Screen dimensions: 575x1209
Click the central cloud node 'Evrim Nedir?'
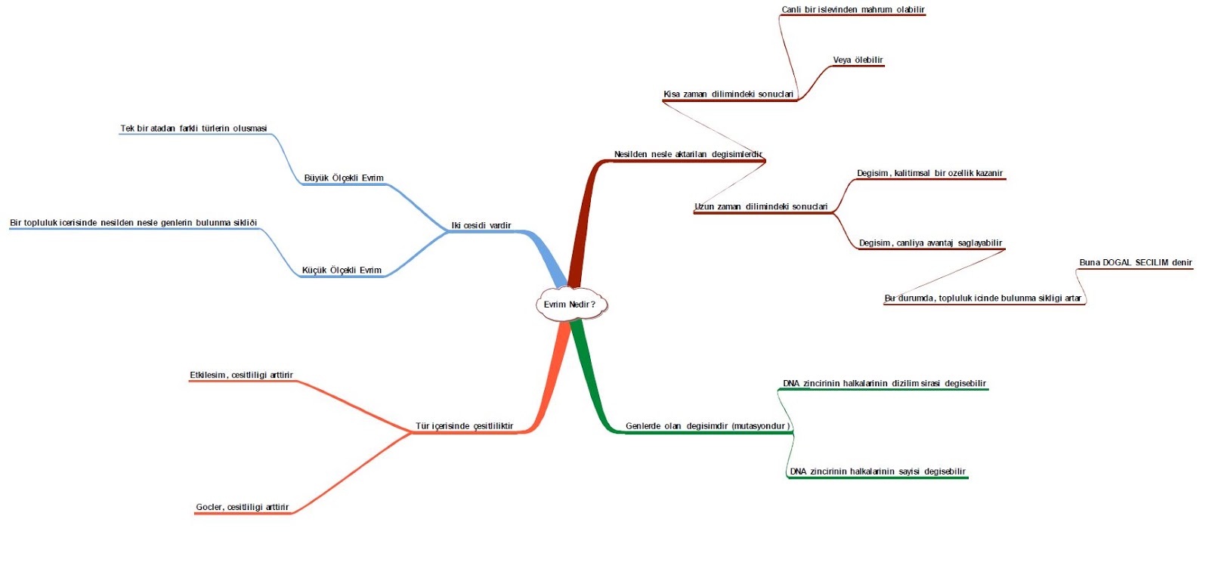[570, 305]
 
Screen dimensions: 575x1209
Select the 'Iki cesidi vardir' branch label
[481, 225]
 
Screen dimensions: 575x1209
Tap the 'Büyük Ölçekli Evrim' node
[344, 178]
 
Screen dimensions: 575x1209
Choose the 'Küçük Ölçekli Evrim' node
[342, 270]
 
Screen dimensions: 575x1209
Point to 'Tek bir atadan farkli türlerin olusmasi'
[193, 128]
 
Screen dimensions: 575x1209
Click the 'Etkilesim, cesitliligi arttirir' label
[241, 376]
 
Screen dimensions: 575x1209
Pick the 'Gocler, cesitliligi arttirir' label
[243, 508]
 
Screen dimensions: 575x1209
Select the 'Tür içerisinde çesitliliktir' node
[464, 426]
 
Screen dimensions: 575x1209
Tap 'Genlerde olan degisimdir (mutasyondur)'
[707, 426]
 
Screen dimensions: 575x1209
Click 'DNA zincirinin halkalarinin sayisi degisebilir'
[877, 471]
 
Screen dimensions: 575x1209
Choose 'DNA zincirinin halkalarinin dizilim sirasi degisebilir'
[884, 384]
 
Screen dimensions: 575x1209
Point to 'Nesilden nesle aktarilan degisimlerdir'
[688, 155]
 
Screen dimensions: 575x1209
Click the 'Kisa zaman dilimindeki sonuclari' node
[728, 94]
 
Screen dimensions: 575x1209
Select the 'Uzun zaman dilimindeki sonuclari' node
[761, 207]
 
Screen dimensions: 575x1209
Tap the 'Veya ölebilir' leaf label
[858, 60]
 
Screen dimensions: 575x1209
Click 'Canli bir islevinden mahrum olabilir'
[853, 10]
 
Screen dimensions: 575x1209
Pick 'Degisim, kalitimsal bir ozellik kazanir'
[929, 174]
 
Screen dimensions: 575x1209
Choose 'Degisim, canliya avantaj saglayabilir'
[930, 243]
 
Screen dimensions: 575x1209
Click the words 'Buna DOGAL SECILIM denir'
[1135, 263]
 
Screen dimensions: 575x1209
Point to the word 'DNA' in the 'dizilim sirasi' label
[791, 384]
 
